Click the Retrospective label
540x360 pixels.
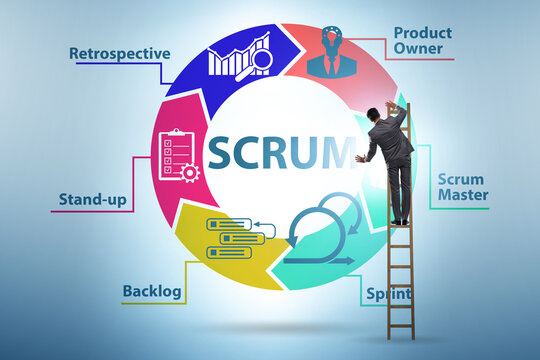coord(119,53)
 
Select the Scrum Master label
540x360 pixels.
coord(462,187)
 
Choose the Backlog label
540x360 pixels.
coord(151,292)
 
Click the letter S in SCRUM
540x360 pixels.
coord(222,151)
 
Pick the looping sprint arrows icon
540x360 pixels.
coord(325,232)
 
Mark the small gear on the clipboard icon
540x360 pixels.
coord(190,172)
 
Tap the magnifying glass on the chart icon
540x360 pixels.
coord(262,61)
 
